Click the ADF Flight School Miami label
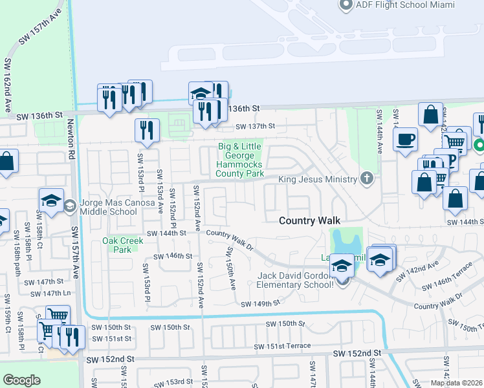404,5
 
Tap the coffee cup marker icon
406,140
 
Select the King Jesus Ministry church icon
368,178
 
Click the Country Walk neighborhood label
310,221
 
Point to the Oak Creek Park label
118,245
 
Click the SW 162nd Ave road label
8,84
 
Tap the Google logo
21,380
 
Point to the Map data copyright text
457,383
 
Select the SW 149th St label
259,303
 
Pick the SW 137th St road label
255,127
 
